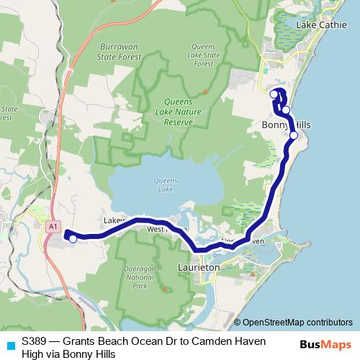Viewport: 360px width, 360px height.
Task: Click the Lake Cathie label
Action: point(320,24)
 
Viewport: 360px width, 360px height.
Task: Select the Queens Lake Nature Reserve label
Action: point(168,112)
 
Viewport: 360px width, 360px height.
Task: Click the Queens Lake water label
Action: point(166,184)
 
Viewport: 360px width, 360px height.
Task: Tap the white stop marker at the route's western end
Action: point(72,239)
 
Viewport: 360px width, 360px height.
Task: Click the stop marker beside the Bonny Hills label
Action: point(293,135)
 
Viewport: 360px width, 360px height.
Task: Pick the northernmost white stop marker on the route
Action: point(274,94)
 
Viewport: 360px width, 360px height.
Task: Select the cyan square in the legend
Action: point(10,344)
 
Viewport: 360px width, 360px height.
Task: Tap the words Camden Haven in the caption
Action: point(232,341)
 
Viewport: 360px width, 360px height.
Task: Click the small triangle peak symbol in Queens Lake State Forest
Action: point(204,91)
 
